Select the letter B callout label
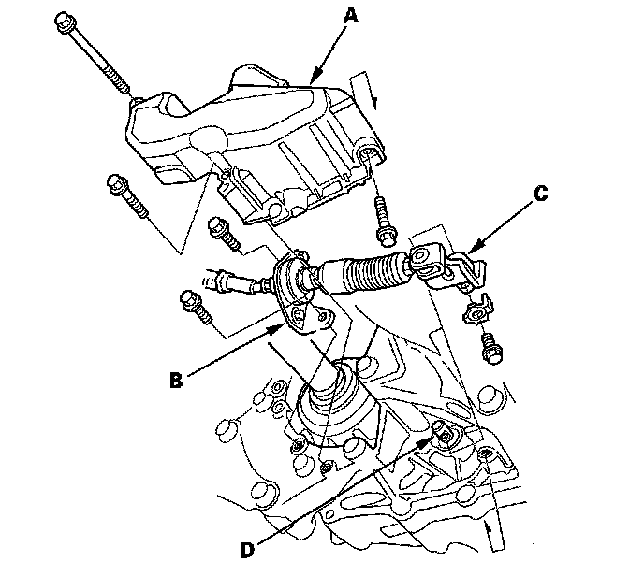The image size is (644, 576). click(x=175, y=380)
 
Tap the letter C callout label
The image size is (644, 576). click(x=540, y=196)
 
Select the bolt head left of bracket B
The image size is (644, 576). click(x=188, y=303)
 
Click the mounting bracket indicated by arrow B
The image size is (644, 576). click(x=308, y=313)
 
